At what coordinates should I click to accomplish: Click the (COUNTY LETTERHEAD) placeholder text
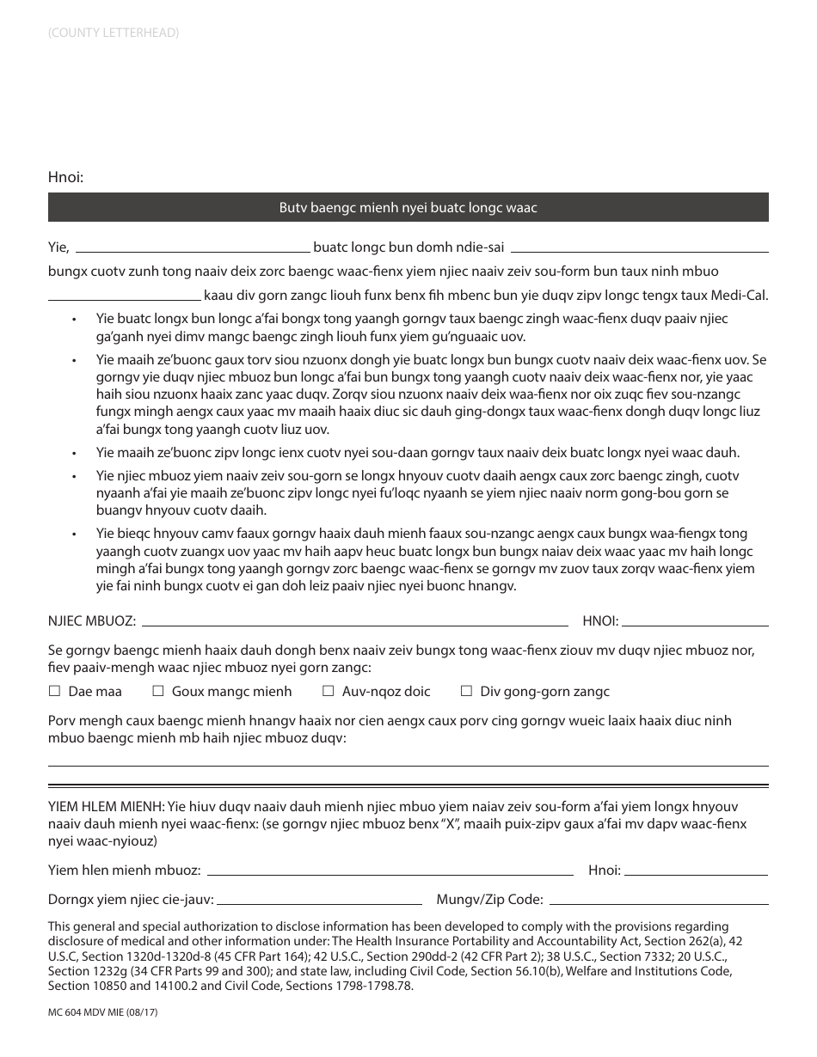click(114, 34)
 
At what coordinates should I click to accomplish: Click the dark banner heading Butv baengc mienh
click(408, 207)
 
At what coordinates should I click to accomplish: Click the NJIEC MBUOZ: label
click(92, 620)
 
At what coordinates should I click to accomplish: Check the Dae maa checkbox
click(54, 691)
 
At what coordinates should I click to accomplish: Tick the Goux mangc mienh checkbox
click(158, 691)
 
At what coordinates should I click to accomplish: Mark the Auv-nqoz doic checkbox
click(328, 691)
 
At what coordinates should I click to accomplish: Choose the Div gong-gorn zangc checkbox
click(466, 691)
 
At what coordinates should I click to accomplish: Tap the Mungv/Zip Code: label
click(489, 900)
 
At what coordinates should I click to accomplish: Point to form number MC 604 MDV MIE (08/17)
click(103, 1013)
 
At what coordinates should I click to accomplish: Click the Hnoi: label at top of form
click(65, 178)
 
